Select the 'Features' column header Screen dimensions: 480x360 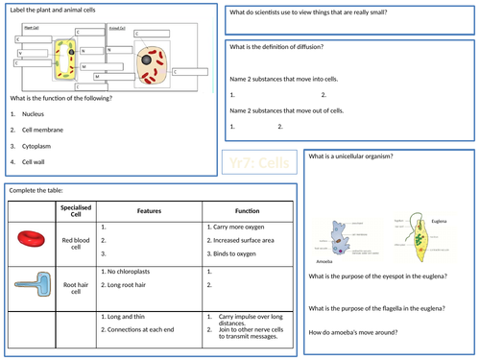coord(148,210)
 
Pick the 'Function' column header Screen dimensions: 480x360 coord(234,210)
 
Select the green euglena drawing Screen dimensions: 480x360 coord(419,234)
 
